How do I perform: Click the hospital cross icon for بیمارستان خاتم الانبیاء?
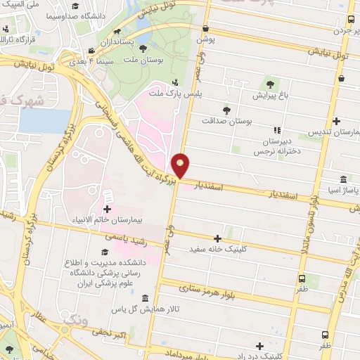[107, 209]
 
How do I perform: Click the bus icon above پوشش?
[205, 29]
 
